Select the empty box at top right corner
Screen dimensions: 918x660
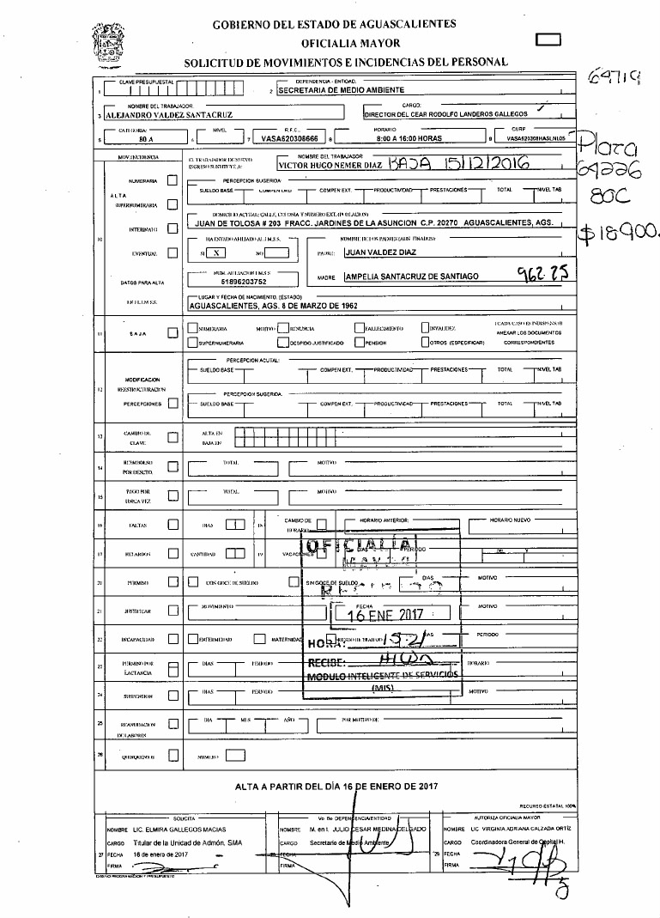click(x=547, y=39)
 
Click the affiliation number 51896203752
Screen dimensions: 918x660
click(x=245, y=280)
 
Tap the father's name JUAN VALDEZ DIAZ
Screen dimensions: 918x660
click(x=379, y=253)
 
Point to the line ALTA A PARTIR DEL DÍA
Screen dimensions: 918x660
click(x=336, y=786)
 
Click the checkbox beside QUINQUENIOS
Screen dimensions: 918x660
click(x=173, y=756)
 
